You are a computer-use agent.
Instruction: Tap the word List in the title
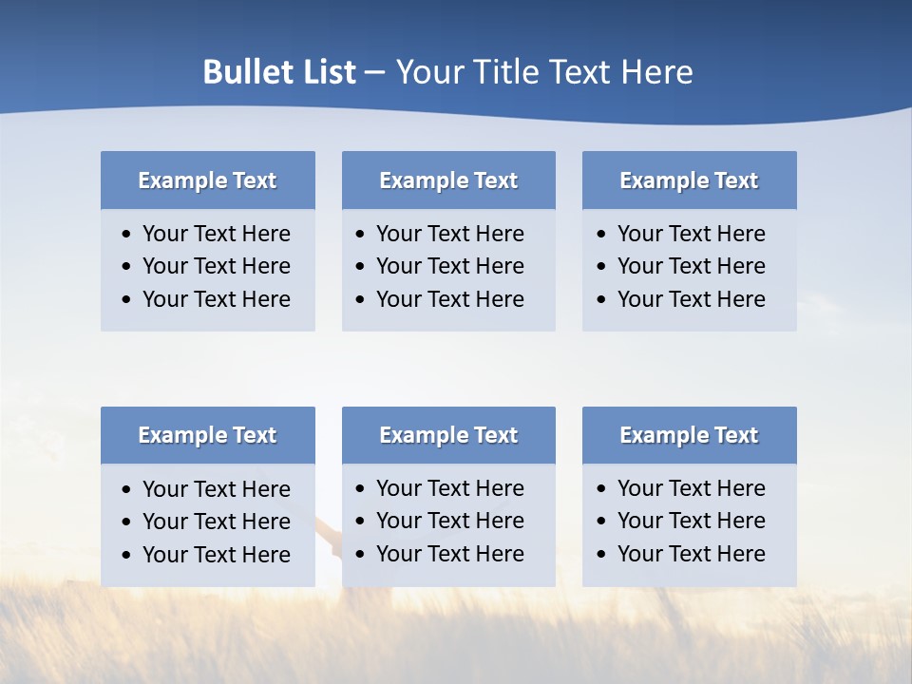coord(326,72)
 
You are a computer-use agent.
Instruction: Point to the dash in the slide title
coord(374,72)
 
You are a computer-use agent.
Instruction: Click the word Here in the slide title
coord(656,72)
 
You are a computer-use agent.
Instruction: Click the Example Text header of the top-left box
coord(207,180)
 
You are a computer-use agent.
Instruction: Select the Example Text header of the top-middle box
coord(448,180)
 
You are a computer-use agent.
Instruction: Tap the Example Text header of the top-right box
coord(689,180)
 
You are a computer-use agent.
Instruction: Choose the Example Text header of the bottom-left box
coord(207,435)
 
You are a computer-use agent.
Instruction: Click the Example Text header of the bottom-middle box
coord(448,435)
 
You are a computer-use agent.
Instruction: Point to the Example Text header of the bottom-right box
coord(689,435)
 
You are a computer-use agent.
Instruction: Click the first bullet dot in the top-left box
coord(127,235)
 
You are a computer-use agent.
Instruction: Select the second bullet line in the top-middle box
coord(449,266)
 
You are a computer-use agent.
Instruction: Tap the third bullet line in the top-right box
coord(691,299)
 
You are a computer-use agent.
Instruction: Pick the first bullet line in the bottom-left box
coord(216,489)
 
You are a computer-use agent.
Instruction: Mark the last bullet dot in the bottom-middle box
coord(360,555)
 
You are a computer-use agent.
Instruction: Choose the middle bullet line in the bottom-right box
coord(691,521)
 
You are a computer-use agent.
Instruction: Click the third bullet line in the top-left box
coord(216,299)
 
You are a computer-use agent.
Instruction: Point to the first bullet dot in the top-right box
coord(602,235)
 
